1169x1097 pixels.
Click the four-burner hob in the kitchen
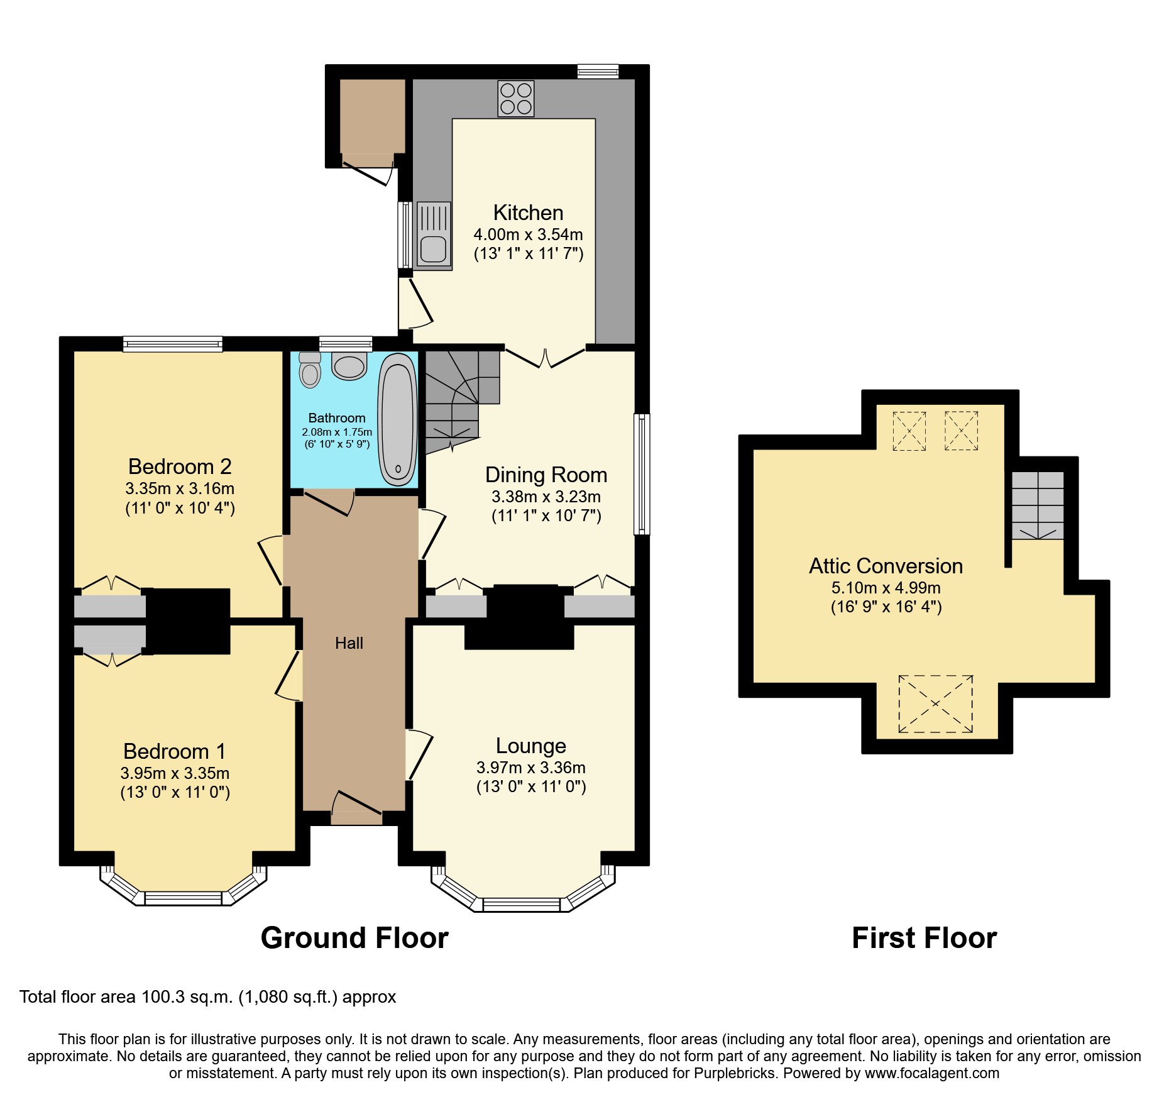tap(516, 99)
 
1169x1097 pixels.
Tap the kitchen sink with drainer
tap(433, 235)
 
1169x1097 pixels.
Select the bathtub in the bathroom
tap(397, 419)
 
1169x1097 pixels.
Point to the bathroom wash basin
tap(349, 366)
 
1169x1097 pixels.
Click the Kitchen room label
tap(528, 212)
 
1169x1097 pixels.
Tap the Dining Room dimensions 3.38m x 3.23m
tap(546, 497)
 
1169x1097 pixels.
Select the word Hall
tap(349, 643)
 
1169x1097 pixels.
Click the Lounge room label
tap(530, 746)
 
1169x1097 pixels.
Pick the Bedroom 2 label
tap(180, 466)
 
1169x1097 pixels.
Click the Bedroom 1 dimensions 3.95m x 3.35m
tap(175, 773)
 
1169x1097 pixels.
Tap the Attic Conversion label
tap(886, 566)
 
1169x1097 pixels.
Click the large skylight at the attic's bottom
tap(935, 704)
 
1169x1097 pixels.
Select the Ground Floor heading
tap(354, 938)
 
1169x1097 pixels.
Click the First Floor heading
tap(924, 938)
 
